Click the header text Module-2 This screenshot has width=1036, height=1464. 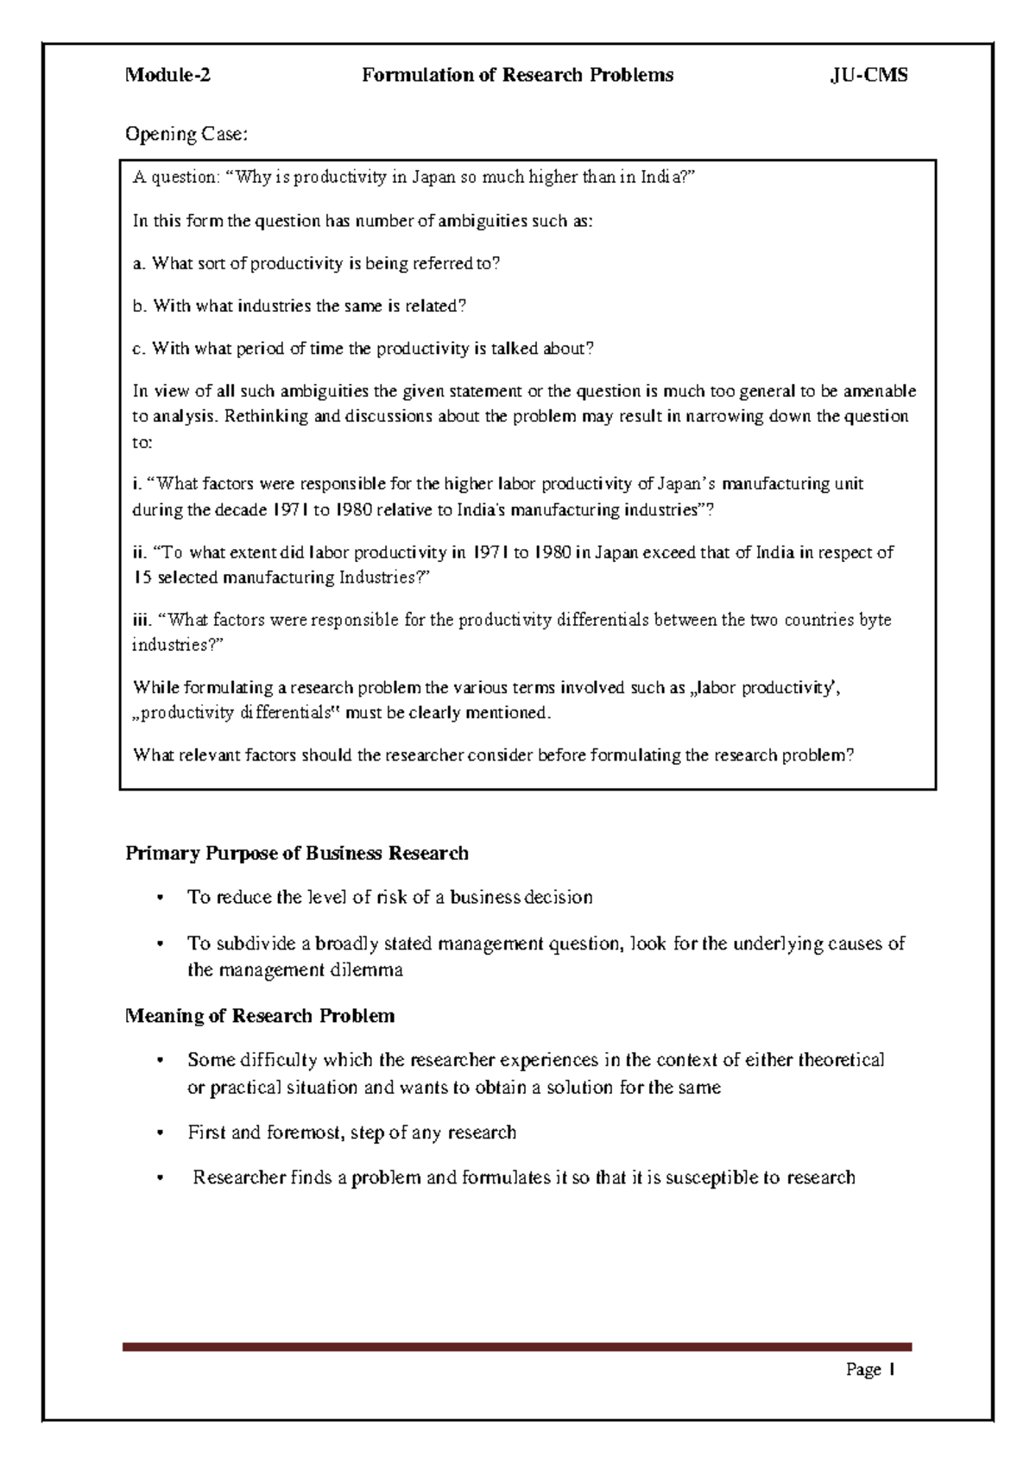(167, 75)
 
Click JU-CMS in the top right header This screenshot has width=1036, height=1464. (869, 75)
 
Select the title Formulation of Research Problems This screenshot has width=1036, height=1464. (517, 75)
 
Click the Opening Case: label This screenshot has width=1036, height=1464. (186, 134)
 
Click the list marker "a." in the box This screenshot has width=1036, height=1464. (139, 264)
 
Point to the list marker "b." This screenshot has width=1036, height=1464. (139, 306)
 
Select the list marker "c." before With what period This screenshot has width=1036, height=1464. (138, 350)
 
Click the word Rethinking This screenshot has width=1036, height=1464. (266, 416)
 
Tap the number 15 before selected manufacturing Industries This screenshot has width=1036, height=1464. (142, 577)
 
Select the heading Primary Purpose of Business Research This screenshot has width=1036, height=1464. (297, 854)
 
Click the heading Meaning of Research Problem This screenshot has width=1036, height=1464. (260, 1016)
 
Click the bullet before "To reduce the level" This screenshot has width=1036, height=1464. (160, 898)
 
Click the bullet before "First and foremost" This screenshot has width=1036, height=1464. (160, 1133)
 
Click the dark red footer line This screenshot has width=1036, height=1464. (517, 1347)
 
